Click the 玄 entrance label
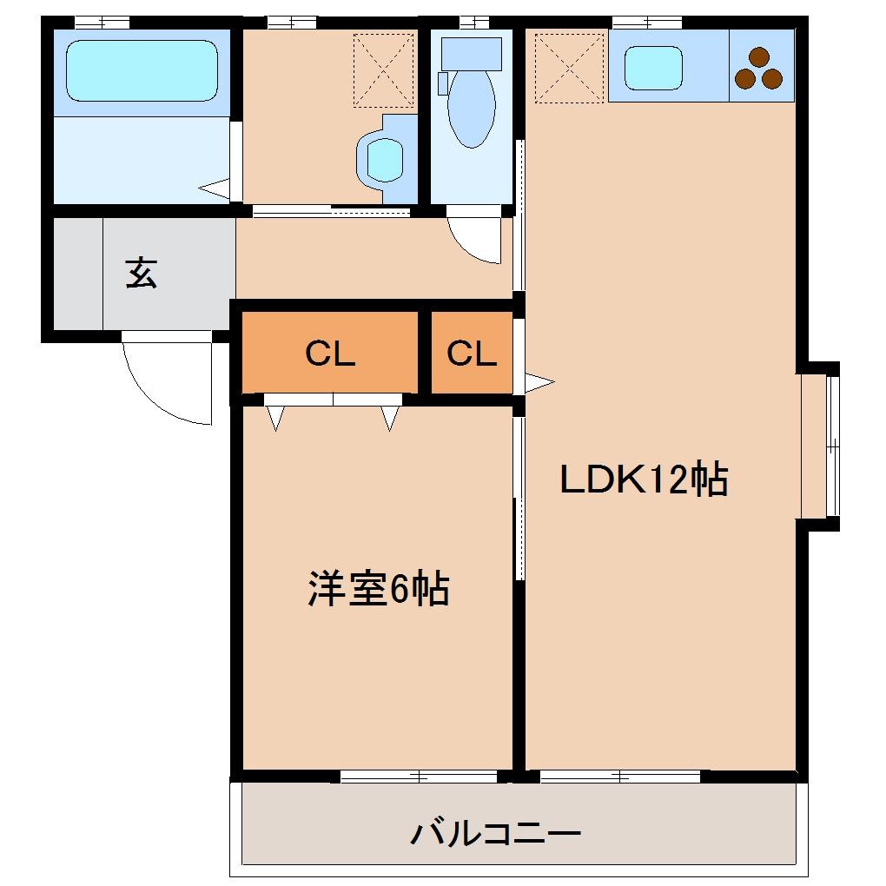click(141, 273)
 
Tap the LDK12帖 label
click(644, 479)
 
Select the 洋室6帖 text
click(378, 590)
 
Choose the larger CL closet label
click(330, 354)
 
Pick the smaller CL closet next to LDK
click(471, 354)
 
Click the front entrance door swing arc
click(165, 382)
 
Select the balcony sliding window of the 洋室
click(419, 777)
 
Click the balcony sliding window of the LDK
click(619, 777)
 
